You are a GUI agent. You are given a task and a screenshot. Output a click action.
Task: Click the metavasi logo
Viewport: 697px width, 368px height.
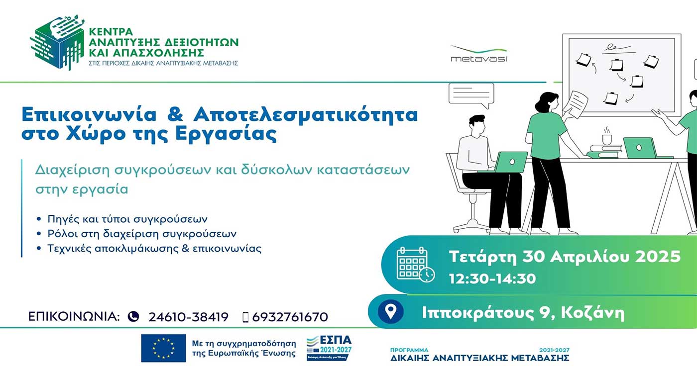pyautogui.click(x=478, y=54)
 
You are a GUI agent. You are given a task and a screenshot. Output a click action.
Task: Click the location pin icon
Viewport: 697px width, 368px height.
pyautogui.click(x=391, y=312)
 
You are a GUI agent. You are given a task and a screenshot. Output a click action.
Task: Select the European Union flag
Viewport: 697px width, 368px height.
pyautogui.click(x=163, y=348)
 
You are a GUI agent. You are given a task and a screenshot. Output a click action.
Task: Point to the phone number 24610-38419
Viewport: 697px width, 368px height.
pyautogui.click(x=188, y=317)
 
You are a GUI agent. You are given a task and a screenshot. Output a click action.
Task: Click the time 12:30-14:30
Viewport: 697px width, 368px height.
pyautogui.click(x=492, y=278)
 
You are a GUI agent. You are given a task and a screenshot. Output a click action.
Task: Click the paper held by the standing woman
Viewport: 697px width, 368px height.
pyautogui.click(x=578, y=104)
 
